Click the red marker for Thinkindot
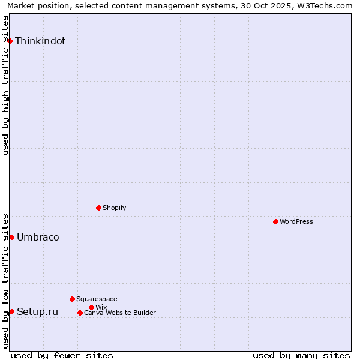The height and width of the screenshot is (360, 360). point(10,41)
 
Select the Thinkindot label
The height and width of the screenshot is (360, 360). point(40,41)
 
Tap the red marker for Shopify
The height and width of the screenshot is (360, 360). point(98,208)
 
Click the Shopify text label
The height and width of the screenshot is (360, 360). point(114,208)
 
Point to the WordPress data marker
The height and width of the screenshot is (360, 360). point(275,221)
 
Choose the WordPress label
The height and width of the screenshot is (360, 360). point(296,221)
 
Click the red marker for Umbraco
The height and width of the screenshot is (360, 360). point(11,237)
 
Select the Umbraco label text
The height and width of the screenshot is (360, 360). point(38,238)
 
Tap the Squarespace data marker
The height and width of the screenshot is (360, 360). point(72,299)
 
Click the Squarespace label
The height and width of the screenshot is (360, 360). point(97,299)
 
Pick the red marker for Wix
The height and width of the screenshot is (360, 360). point(91,307)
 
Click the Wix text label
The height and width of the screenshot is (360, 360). point(101,307)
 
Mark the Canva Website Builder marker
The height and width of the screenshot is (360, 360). point(80,313)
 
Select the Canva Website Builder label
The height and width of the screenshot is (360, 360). point(120,313)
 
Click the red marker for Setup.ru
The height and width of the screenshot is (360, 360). point(11,311)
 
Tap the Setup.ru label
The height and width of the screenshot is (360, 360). point(37,311)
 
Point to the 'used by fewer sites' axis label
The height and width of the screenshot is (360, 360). point(62,355)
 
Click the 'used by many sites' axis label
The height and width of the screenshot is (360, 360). point(301,355)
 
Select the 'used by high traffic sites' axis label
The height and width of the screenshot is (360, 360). point(6,85)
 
